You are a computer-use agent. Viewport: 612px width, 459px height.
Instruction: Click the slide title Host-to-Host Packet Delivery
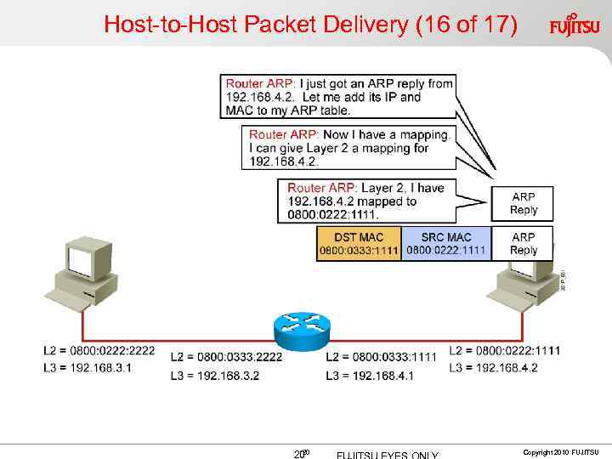tap(309, 25)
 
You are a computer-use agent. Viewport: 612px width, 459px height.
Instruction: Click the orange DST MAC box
tap(358, 243)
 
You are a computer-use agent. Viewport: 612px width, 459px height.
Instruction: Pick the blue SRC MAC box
tap(446, 243)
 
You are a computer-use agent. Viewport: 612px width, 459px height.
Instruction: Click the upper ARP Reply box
tap(523, 203)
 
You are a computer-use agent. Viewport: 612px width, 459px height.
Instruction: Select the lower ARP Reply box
tap(523, 243)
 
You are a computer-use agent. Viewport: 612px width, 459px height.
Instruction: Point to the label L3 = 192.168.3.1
tap(88, 367)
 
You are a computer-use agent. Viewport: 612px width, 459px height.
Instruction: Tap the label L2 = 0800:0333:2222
tap(226, 357)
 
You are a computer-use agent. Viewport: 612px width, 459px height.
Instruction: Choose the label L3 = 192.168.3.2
tap(215, 374)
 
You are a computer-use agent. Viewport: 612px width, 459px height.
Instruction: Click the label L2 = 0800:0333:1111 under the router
tap(381, 357)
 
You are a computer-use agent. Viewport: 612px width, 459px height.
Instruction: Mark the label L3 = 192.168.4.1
tap(370, 374)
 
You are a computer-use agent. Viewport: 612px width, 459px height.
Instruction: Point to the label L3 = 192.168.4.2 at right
tap(493, 367)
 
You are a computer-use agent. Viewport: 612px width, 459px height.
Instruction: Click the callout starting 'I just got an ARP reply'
tap(338, 97)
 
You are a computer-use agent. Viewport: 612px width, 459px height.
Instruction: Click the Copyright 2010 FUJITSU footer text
tap(561, 451)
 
